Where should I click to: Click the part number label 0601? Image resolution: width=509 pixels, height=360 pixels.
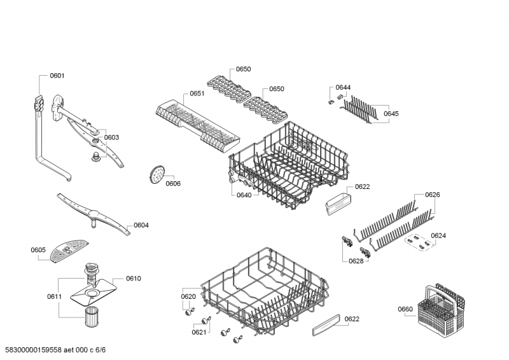point(57,76)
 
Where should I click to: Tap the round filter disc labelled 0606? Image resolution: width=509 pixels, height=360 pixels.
point(155,173)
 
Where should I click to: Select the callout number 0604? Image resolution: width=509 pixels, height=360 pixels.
point(141,225)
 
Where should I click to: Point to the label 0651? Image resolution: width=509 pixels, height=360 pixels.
point(197,93)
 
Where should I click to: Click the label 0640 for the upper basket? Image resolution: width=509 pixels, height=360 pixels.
point(243,195)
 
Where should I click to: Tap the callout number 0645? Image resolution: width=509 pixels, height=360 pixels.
point(391,113)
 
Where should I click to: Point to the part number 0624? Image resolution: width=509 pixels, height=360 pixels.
point(438,235)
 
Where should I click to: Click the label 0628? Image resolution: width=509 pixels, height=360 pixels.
point(356,261)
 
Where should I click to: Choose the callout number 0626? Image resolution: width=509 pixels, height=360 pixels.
point(432,195)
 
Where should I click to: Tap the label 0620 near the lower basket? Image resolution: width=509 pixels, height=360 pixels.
point(188,296)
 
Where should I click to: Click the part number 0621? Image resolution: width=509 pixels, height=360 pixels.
point(199,332)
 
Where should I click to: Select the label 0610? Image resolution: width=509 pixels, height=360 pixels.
point(133,279)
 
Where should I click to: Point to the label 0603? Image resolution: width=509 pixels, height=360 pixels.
point(111,137)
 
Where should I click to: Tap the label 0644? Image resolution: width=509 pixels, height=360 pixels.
point(343,87)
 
